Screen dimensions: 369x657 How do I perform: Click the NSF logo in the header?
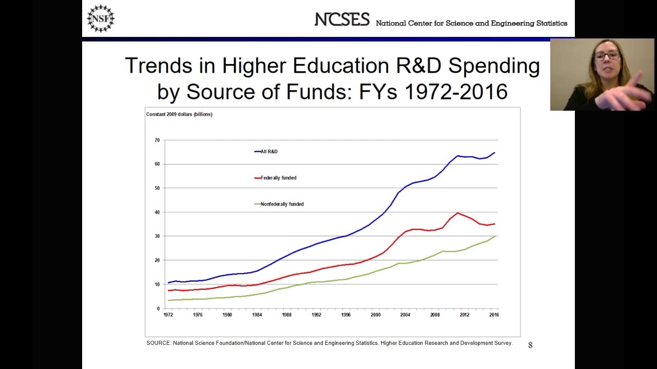101,18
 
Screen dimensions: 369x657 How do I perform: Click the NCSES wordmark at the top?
342,20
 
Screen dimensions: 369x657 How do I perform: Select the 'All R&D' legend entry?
268,152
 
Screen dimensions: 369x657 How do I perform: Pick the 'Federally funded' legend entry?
278,178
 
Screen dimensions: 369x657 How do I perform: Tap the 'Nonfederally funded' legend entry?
282,204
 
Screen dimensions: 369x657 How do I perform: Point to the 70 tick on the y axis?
157,140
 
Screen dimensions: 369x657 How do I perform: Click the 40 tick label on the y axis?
157,212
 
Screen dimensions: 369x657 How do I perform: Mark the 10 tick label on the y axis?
157,284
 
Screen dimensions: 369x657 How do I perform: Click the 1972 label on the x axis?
168,315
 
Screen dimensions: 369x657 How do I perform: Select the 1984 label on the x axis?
257,315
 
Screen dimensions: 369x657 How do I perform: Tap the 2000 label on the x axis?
376,315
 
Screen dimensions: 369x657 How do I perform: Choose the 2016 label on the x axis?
494,315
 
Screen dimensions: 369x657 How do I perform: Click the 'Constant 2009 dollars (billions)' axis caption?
179,114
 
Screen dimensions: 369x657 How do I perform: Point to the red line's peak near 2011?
457,213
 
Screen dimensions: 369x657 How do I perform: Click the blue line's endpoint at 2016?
494,153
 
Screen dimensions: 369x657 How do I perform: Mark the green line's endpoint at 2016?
494,236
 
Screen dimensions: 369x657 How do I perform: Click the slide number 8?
530,345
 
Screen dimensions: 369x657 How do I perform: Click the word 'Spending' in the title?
494,67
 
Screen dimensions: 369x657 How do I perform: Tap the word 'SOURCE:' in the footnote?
159,343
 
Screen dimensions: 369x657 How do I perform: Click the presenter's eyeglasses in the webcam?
607,55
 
